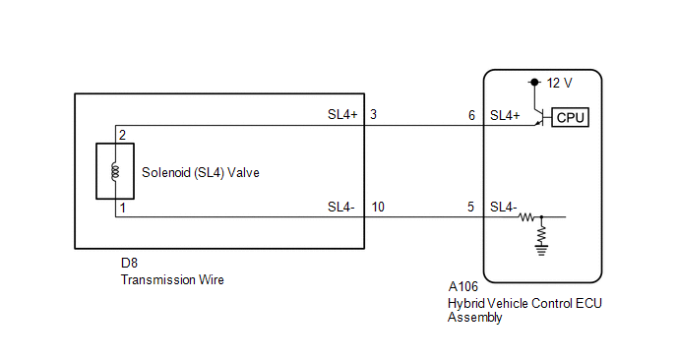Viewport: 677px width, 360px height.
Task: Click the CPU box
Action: point(570,117)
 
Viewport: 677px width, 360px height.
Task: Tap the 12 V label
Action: point(559,83)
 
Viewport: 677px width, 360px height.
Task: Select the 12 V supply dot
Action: point(534,82)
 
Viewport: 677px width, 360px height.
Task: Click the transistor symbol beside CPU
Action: point(540,117)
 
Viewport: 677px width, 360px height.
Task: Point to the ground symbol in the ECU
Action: point(541,251)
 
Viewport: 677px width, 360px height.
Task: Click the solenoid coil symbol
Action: point(115,171)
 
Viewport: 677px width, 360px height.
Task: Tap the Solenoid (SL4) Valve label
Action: point(201,173)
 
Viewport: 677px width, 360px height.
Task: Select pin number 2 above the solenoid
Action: point(123,135)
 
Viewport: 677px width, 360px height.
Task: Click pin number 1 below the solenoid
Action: point(123,209)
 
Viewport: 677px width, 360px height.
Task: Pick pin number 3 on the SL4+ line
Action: point(374,114)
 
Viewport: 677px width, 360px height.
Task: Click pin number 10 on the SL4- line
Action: point(378,208)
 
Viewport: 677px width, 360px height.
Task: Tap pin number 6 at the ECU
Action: point(471,115)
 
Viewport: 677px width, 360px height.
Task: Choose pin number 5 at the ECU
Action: point(470,207)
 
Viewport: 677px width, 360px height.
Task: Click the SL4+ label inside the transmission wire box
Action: point(342,114)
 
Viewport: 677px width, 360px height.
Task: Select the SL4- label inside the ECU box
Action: point(503,208)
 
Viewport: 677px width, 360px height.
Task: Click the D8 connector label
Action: point(129,263)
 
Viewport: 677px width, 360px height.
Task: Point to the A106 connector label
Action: point(462,286)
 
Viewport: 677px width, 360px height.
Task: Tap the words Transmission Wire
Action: point(172,279)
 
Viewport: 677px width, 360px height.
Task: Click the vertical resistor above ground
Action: point(541,235)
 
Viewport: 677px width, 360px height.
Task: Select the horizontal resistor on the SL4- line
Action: point(526,217)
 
